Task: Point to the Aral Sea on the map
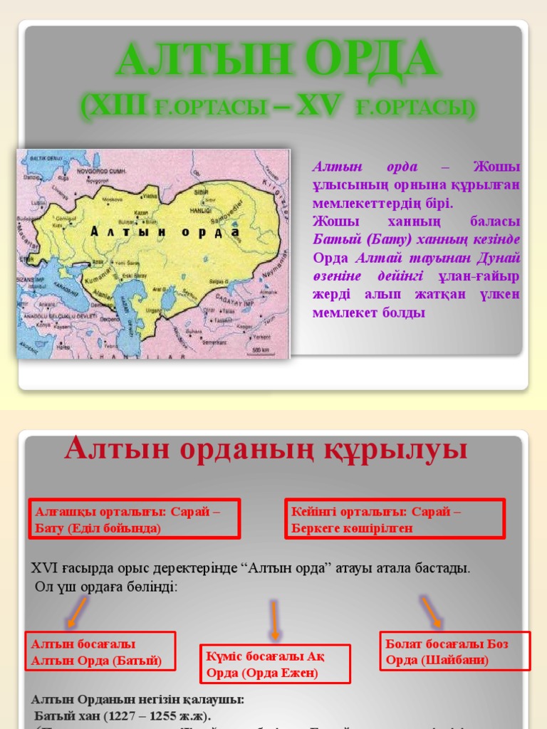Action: [168, 294]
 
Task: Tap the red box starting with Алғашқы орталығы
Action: [133, 519]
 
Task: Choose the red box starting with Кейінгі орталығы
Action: [395, 519]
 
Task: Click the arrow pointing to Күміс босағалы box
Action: [273, 620]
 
